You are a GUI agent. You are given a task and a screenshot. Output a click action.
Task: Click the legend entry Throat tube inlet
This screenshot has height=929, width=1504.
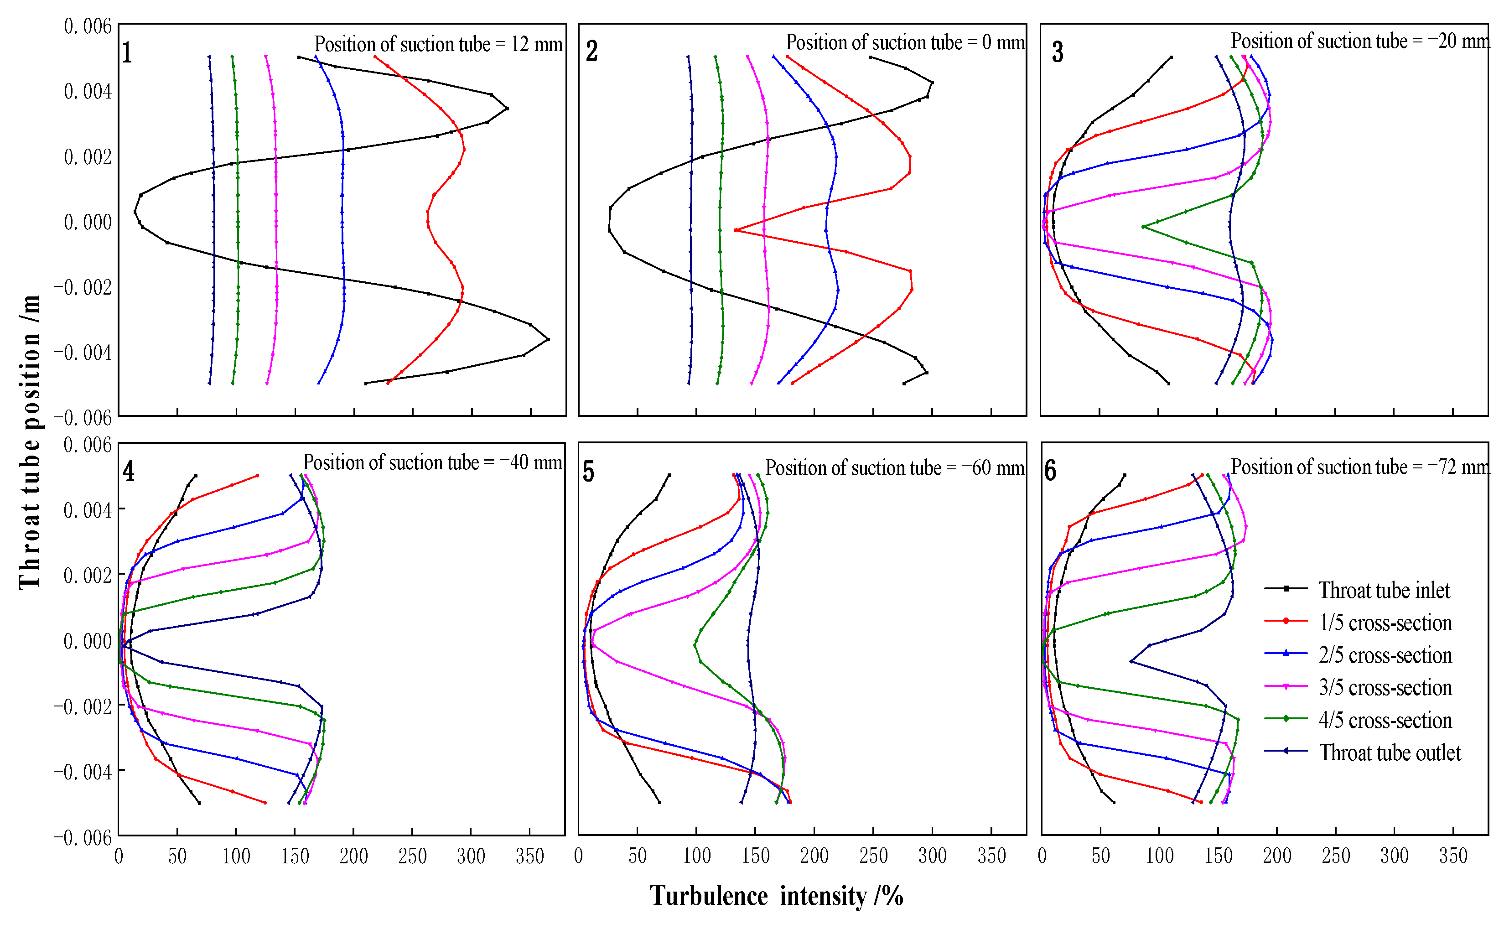tap(1384, 591)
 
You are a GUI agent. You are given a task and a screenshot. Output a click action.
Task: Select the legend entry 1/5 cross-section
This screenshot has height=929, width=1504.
tap(1385, 623)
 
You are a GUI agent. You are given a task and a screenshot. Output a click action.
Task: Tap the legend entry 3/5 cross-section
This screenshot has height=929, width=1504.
tap(1385, 688)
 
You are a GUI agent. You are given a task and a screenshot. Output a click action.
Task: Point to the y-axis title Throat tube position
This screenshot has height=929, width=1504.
tap(30, 442)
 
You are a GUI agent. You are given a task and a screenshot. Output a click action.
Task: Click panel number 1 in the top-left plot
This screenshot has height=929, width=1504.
tap(127, 53)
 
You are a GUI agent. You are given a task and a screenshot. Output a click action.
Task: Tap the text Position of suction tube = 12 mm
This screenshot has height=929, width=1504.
tap(438, 44)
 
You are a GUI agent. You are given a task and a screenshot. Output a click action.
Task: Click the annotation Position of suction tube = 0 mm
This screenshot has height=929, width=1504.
tap(905, 42)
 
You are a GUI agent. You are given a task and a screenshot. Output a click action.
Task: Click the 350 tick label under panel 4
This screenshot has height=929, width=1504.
tap(529, 856)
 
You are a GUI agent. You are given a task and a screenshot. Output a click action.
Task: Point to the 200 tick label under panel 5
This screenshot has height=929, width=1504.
tap(814, 856)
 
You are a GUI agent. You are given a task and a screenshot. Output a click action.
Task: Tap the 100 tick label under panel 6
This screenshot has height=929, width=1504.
tap(1159, 856)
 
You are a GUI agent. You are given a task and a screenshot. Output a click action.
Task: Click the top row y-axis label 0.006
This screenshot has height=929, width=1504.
tap(88, 26)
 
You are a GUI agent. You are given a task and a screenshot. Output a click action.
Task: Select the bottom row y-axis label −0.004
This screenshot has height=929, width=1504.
tap(83, 772)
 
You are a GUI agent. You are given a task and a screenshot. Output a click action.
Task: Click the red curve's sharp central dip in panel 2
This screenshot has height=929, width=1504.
tap(736, 230)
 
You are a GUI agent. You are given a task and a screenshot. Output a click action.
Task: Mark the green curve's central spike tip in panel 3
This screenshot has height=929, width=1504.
tap(1143, 227)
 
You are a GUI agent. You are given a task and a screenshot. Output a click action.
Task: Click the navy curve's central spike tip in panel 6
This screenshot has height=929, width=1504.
tap(1131, 661)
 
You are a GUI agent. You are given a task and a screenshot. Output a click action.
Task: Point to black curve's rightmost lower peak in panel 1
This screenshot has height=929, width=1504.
tap(547, 339)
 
